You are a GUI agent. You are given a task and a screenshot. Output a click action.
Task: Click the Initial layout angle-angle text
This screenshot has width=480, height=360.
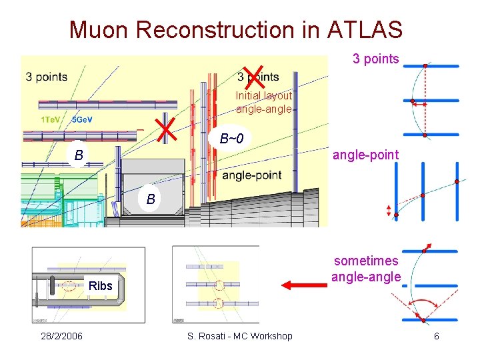tap(263, 102)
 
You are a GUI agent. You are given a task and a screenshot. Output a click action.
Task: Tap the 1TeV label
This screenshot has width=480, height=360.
tap(53, 120)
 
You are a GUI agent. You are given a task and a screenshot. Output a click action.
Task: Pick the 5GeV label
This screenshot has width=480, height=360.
tap(82, 120)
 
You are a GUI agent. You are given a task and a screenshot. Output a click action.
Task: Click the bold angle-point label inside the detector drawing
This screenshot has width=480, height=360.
tap(251, 175)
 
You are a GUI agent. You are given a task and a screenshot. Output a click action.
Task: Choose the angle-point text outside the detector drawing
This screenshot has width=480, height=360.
tap(366, 155)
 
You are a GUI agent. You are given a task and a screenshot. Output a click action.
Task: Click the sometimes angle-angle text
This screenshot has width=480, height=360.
tap(367, 269)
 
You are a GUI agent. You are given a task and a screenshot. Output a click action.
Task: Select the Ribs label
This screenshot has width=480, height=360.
tap(99, 286)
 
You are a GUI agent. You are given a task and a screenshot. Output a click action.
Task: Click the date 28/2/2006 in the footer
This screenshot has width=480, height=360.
tap(61, 336)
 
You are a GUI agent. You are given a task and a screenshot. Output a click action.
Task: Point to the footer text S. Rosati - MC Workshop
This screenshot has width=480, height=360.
tap(240, 336)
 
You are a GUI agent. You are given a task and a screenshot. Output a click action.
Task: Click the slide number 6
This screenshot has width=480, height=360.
tap(436, 336)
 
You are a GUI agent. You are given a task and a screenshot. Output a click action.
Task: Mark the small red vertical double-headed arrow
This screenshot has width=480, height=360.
tap(389, 211)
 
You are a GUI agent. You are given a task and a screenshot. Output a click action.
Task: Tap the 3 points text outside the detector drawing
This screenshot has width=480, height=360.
tap(375, 59)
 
